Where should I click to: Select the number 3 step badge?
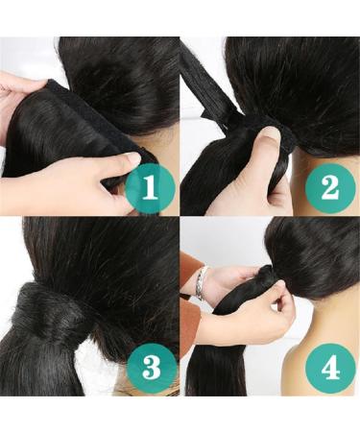[149, 368]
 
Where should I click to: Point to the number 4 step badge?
[328, 368]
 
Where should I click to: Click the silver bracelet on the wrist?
[200, 284]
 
